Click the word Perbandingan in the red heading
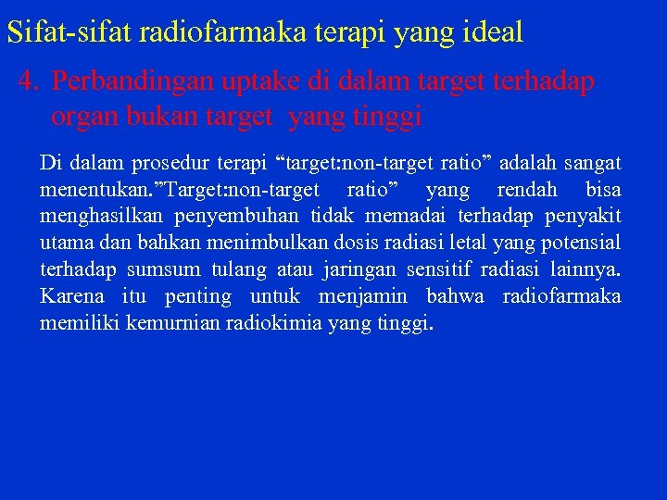tap(133, 81)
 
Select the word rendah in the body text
tap(527, 191)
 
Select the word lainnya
tap(589, 270)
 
